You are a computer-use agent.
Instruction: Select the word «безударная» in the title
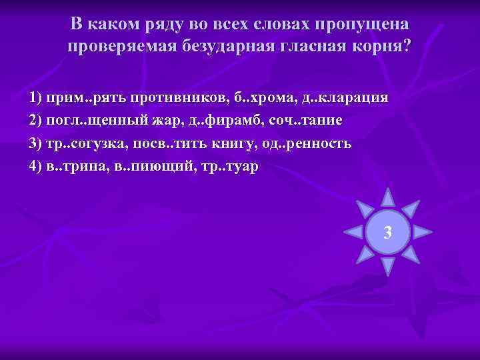(x=237, y=47)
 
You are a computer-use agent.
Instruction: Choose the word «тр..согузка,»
(x=87, y=143)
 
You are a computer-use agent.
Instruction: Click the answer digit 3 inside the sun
(x=388, y=233)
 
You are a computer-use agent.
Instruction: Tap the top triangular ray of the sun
(x=388, y=196)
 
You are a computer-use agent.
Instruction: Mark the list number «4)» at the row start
(x=36, y=166)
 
